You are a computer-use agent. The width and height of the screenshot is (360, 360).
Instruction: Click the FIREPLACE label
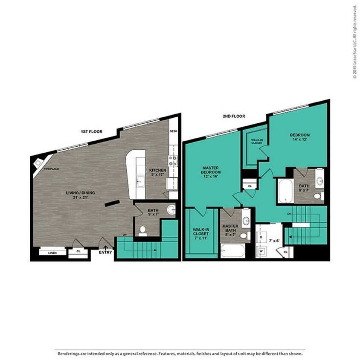click(x=52, y=169)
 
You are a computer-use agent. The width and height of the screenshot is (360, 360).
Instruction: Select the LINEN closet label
click(x=52, y=253)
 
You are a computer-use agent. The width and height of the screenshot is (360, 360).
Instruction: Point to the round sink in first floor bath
click(x=171, y=209)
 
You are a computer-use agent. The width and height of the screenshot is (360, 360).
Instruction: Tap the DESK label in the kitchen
click(x=173, y=132)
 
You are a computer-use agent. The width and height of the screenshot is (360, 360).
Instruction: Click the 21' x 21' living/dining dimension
click(x=80, y=197)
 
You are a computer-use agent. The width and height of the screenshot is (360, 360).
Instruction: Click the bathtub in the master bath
click(x=233, y=251)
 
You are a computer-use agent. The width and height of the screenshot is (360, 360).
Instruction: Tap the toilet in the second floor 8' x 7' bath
click(x=317, y=196)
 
